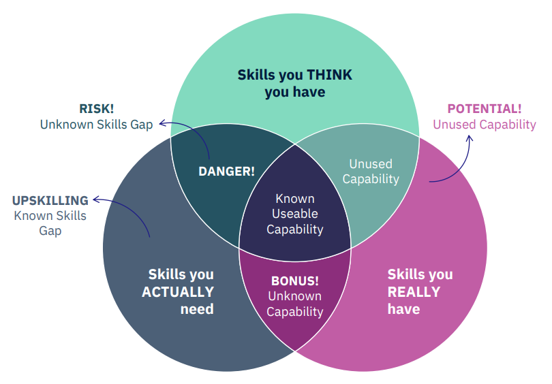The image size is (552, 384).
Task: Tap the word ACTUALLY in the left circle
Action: coord(178,292)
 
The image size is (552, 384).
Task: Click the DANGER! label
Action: coord(226,172)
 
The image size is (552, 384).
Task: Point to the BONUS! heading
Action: coord(295,281)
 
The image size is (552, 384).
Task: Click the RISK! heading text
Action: coord(97,109)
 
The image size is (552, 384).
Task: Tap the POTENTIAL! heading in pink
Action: coord(485,109)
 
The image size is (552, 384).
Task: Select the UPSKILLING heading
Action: coord(50,201)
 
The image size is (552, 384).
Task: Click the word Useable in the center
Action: coord(295,214)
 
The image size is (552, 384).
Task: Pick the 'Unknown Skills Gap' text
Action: coord(97,125)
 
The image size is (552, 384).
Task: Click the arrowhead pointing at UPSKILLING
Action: coord(95,199)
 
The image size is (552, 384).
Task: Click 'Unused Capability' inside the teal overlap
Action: coord(371,172)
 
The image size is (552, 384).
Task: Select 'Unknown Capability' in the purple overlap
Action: coord(295,304)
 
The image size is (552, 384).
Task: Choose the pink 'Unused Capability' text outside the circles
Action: coord(485,125)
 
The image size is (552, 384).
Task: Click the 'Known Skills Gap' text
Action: coord(50,223)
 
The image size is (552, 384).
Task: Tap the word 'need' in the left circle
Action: coord(197,309)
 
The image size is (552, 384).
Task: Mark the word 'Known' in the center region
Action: coord(295,199)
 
